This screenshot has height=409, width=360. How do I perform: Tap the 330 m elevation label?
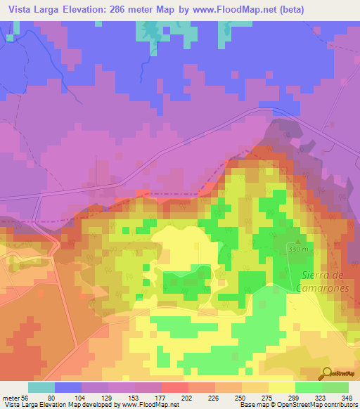click(x=298, y=249)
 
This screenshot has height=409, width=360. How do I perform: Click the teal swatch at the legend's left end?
click(x=41, y=387)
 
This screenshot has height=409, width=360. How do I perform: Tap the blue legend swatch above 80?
click(x=68, y=387)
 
